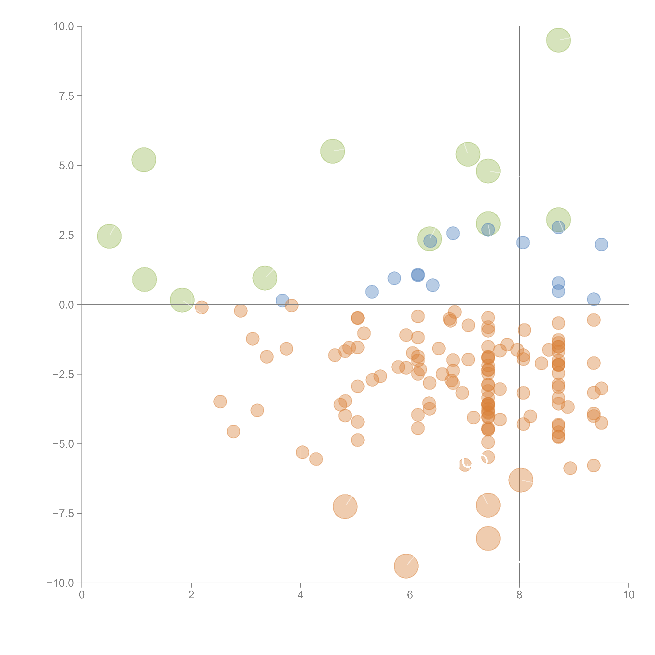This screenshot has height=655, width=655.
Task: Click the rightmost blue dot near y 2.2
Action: pyautogui.click(x=601, y=244)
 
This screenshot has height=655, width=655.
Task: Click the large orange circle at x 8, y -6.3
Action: pyautogui.click(x=521, y=480)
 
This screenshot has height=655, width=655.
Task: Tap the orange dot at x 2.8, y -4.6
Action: pyautogui.click(x=233, y=432)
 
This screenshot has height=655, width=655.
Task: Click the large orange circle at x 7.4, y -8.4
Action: pyautogui.click(x=488, y=538)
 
